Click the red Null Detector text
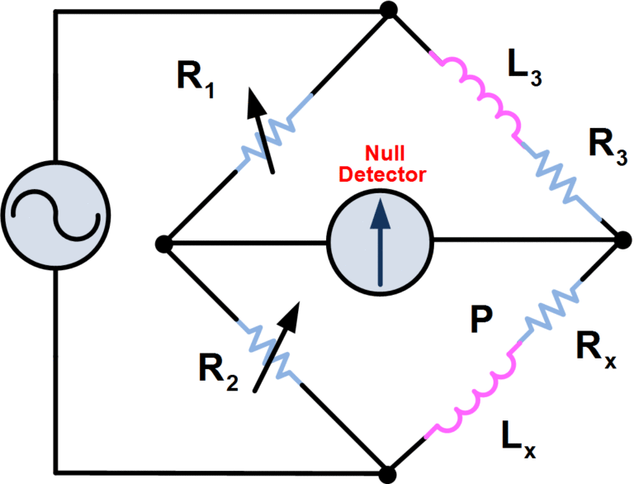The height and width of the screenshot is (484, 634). tap(395, 166)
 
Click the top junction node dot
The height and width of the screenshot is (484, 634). tap(386, 11)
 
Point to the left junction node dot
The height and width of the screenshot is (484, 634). tap(164, 243)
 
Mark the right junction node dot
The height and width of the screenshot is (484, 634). tap(622, 242)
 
